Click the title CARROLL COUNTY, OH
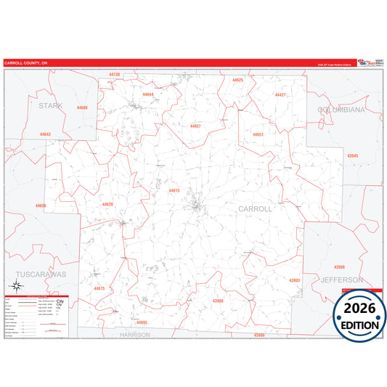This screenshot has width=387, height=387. point(24,63)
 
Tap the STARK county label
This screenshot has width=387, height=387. point(50,105)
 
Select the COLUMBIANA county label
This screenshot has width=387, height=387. point(341,109)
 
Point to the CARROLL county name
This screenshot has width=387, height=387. point(255,208)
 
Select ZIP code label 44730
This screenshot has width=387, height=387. point(114,75)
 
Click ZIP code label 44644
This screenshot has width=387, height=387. point(148,94)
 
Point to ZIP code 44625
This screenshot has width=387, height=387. point(237,80)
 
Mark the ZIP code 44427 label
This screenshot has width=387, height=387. point(280,95)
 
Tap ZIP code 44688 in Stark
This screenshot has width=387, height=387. point(82,107)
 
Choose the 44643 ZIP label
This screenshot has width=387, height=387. point(46,134)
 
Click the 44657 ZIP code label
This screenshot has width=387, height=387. point(195,126)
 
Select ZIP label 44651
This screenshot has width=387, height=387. point(258,134)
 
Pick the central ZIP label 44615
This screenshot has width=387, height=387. point(174,190)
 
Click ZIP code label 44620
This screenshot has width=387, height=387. point(107,204)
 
